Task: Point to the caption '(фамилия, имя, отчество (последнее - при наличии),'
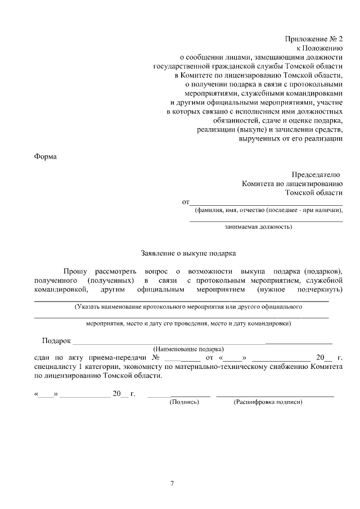(268, 210)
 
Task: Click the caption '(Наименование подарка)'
(188, 349)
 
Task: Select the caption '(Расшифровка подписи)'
(268, 402)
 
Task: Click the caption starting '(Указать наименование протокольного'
(188, 307)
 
